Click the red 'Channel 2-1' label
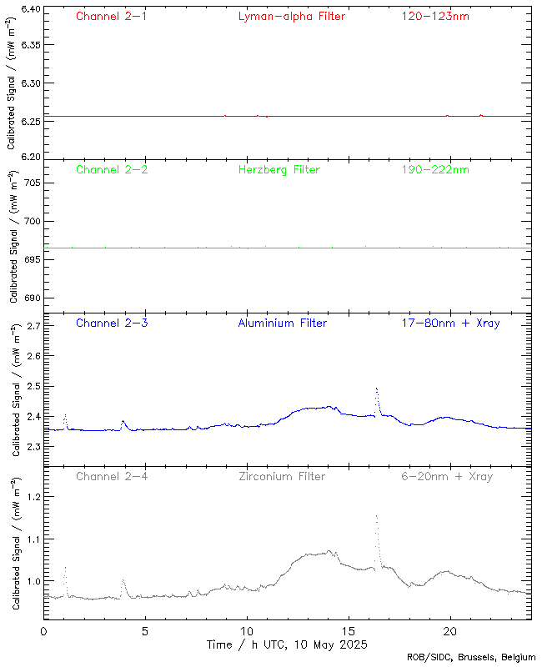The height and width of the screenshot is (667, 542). click(x=112, y=16)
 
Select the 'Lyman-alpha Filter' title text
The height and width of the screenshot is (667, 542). click(x=291, y=16)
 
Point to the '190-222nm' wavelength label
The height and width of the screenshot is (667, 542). click(x=434, y=169)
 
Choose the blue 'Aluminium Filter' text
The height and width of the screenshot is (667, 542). click(x=283, y=323)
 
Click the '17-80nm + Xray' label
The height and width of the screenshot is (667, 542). click(x=450, y=323)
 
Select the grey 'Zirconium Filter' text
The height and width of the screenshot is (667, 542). click(x=282, y=476)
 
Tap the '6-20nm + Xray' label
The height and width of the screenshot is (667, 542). click(x=447, y=476)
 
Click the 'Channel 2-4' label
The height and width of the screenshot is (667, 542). click(x=112, y=476)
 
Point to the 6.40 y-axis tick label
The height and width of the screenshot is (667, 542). click(x=30, y=9)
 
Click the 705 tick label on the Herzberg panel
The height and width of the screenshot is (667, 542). click(x=33, y=183)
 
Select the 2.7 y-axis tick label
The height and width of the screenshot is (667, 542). click(x=33, y=326)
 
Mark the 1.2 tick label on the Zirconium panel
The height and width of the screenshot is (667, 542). click(x=33, y=496)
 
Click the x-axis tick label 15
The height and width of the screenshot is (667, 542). click(x=349, y=631)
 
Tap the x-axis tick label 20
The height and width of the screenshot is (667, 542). click(x=450, y=631)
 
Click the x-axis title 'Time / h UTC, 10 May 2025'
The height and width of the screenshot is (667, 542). click(x=287, y=644)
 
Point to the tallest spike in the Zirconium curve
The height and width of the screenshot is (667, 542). click(x=377, y=516)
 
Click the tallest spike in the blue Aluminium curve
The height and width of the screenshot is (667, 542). click(x=377, y=389)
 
